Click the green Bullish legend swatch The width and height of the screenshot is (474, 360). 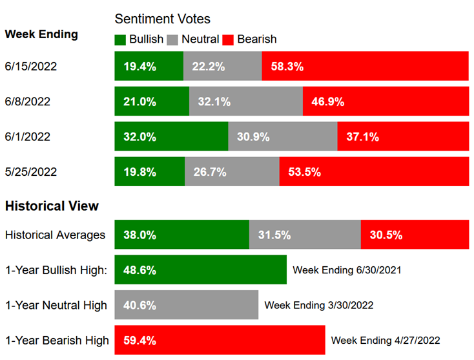click(x=120, y=39)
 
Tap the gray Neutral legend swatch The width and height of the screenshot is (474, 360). click(x=172, y=39)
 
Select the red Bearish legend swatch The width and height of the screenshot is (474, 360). click(x=227, y=39)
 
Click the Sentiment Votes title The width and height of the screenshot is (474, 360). click(x=162, y=19)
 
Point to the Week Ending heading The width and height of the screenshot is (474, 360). click(x=41, y=34)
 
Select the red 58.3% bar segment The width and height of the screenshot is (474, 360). click(x=365, y=66)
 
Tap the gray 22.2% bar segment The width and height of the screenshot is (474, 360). click(x=222, y=66)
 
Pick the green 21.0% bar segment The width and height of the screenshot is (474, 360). click(x=152, y=101)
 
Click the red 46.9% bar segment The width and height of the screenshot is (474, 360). click(x=386, y=101)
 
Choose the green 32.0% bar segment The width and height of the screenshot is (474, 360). click(x=171, y=136)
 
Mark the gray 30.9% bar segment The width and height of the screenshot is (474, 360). click(x=282, y=136)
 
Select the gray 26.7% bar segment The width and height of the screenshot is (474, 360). click(x=232, y=171)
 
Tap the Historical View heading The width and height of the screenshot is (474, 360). click(x=52, y=206)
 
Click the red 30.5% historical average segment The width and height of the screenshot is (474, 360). click(x=415, y=235)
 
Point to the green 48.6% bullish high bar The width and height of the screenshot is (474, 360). click(x=200, y=270)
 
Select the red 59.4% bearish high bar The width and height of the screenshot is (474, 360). click(x=220, y=340)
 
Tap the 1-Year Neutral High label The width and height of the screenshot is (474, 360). click(x=56, y=305)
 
